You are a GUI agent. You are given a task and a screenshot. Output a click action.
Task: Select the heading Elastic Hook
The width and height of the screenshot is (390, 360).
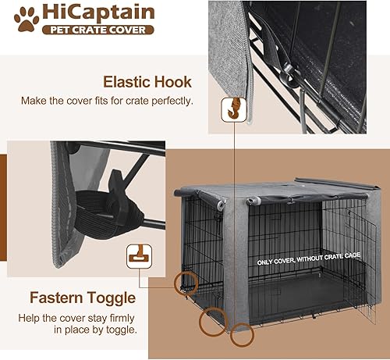pos(149,80)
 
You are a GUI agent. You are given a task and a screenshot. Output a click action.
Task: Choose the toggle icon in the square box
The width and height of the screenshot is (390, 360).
pos(136,255)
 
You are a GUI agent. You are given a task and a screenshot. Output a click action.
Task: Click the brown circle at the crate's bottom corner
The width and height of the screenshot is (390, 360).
pos(241,334)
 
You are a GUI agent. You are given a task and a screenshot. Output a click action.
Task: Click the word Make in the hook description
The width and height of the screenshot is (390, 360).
pos(95,100)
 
